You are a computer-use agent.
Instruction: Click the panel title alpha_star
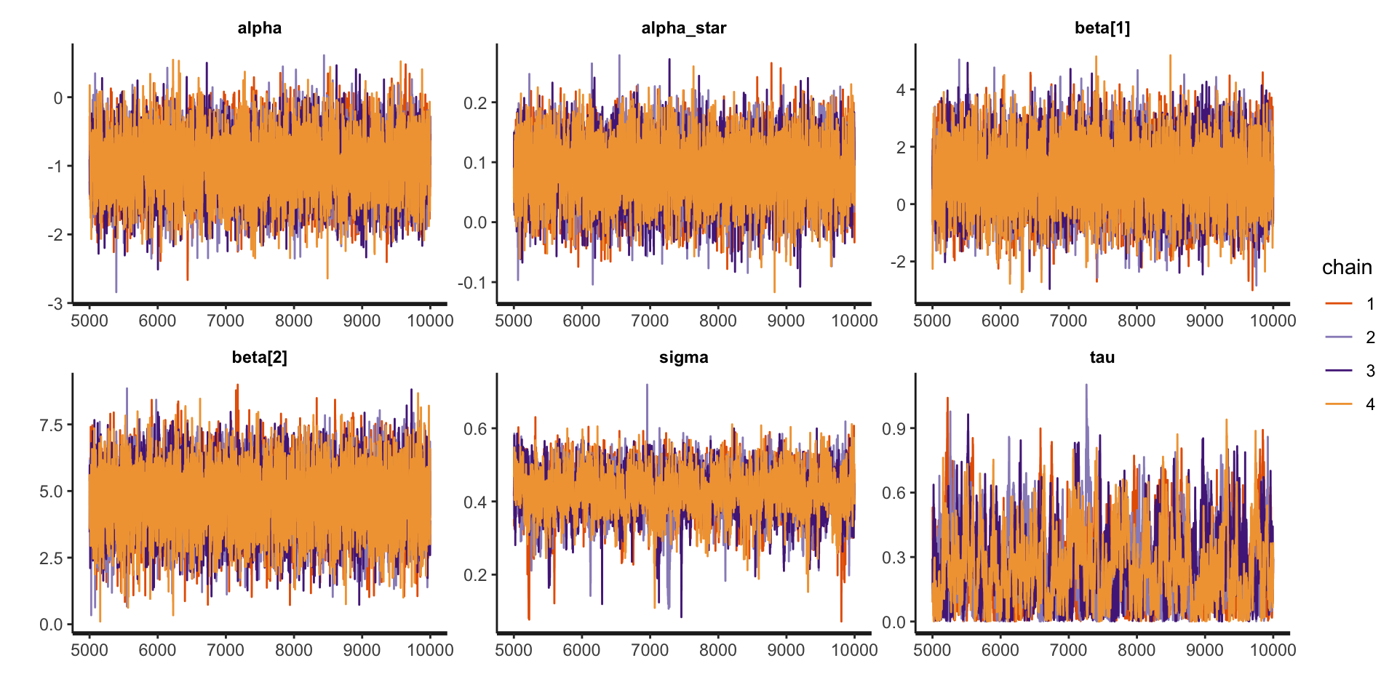pyautogui.click(x=683, y=28)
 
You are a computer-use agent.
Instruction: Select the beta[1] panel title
pyautogui.click(x=1102, y=28)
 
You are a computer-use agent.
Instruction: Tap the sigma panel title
pyautogui.click(x=683, y=357)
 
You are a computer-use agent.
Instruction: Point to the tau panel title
pyautogui.click(x=1102, y=357)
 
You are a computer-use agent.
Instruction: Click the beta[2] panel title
pyautogui.click(x=259, y=357)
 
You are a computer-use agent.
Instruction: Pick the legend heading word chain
pyautogui.click(x=1347, y=268)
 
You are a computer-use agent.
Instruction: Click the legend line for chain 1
pyautogui.click(x=1339, y=303)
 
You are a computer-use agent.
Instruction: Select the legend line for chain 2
pyautogui.click(x=1339, y=337)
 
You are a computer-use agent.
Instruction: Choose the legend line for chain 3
pyautogui.click(x=1339, y=370)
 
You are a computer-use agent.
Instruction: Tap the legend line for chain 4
pyautogui.click(x=1339, y=404)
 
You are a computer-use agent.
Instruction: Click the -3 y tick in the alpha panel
pyautogui.click(x=55, y=303)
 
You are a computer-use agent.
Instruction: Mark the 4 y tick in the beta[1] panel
pyautogui.click(x=901, y=90)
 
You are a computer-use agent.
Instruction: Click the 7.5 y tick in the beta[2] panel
pyautogui.click(x=51, y=425)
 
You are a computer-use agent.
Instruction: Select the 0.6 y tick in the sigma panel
pyautogui.click(x=475, y=428)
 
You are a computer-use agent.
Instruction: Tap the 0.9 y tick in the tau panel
pyautogui.click(x=894, y=428)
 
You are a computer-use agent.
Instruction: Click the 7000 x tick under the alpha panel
pyautogui.click(x=226, y=321)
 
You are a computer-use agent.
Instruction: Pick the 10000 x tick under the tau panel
pyautogui.click(x=1273, y=649)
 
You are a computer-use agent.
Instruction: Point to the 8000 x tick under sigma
pyautogui.click(x=718, y=649)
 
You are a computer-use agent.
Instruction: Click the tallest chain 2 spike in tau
pyautogui.click(x=1086, y=385)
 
